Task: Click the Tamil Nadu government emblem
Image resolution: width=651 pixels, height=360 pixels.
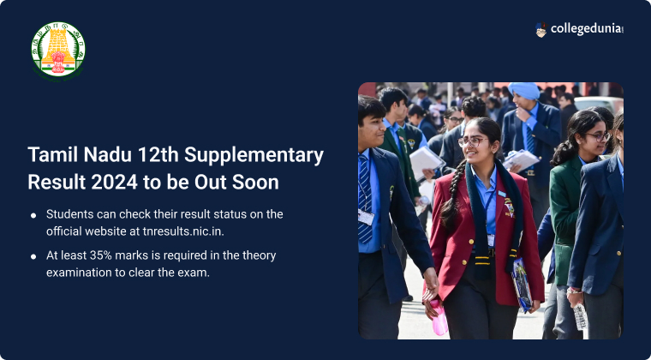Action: tap(58, 50)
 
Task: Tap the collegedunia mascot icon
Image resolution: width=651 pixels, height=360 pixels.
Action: tap(541, 30)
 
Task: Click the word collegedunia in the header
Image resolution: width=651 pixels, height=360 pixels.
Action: tap(587, 29)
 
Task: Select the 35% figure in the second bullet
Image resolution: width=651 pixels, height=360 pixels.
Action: tap(100, 255)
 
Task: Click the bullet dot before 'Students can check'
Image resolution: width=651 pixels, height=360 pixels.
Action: tap(33, 215)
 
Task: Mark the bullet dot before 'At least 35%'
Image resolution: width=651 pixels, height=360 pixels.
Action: tap(33, 256)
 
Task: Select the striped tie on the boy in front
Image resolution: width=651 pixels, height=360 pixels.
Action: tap(365, 199)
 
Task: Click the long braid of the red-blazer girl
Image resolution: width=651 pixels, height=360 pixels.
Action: tap(450, 192)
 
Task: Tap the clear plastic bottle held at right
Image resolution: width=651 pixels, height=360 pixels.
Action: tap(580, 316)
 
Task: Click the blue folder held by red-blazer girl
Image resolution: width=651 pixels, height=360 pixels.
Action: tap(522, 285)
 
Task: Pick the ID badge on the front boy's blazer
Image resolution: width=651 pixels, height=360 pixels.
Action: tap(366, 217)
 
